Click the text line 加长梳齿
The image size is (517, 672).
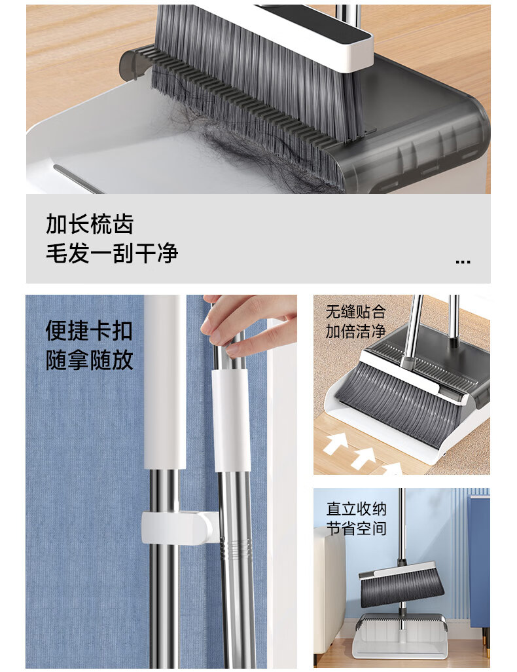(x=90, y=224)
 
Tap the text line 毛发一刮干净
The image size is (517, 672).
(x=112, y=253)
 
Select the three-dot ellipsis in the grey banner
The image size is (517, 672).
(x=463, y=261)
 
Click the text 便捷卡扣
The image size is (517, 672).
(x=89, y=330)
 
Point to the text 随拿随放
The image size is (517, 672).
(x=89, y=360)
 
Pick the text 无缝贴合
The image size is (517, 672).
(x=355, y=312)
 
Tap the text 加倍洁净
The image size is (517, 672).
(x=355, y=331)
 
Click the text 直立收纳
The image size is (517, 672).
(x=357, y=509)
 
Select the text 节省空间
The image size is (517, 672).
(x=357, y=529)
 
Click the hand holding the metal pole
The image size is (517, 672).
(x=251, y=324)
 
